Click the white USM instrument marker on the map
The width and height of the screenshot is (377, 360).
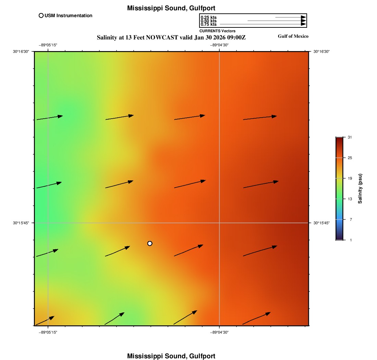[150, 243]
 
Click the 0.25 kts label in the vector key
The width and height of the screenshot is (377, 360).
[208, 17]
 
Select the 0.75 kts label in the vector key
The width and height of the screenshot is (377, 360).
[208, 24]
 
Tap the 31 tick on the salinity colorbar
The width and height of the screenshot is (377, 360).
[350, 137]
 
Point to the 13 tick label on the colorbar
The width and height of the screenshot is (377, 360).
[350, 199]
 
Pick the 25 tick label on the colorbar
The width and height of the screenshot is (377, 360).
[350, 158]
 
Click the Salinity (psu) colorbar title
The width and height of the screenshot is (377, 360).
[360, 189]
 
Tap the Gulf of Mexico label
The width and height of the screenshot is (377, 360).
[293, 36]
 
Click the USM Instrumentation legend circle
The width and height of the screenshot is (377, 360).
[41, 15]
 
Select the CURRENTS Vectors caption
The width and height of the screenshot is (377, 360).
[217, 31]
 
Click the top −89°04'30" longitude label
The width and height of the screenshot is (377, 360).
[219, 45]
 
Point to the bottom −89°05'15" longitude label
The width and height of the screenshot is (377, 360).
[48, 332]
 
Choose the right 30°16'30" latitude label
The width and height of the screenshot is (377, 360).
[321, 51]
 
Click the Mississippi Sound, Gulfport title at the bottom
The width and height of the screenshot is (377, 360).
[171, 356]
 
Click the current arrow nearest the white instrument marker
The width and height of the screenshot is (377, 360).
[118, 251]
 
